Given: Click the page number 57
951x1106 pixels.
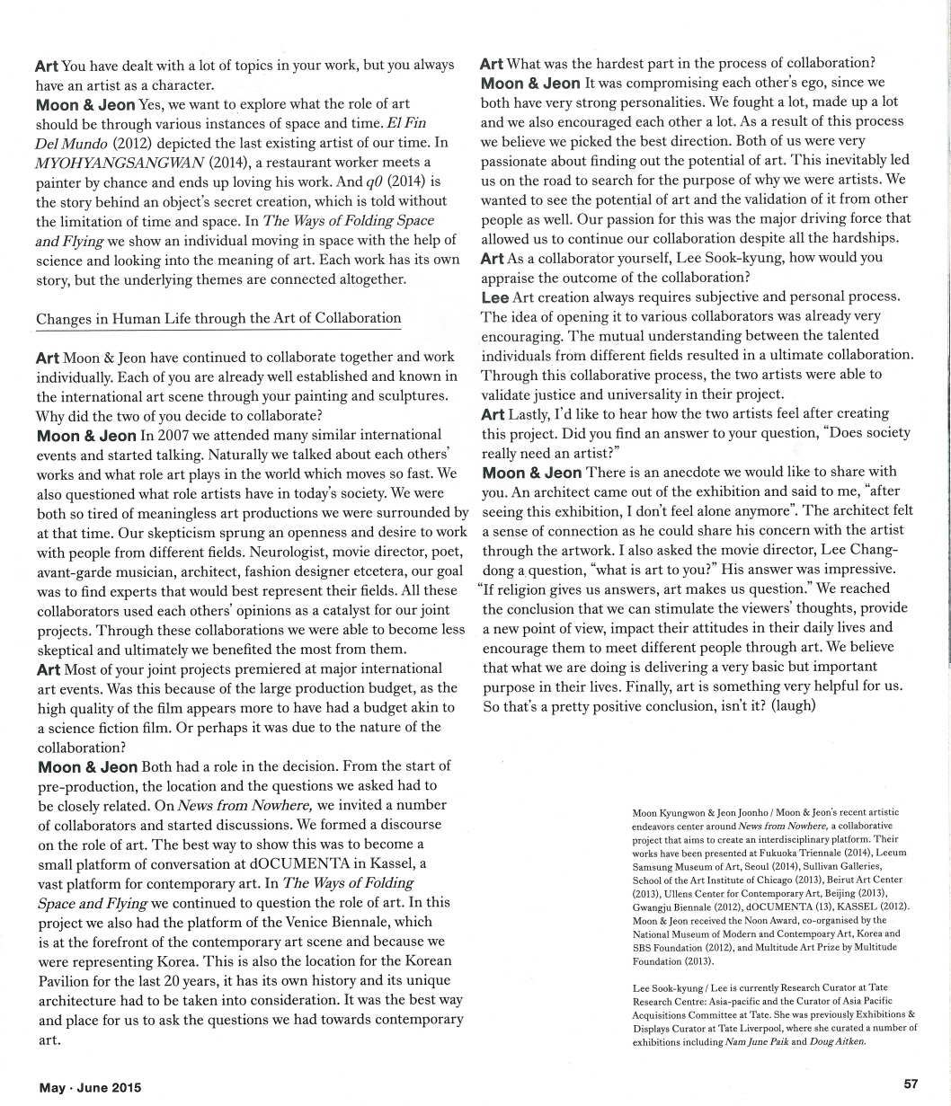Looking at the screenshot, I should pos(910,1084).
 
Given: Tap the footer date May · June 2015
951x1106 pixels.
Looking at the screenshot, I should pos(91,1087).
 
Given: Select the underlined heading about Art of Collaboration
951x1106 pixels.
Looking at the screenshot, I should pos(218,318).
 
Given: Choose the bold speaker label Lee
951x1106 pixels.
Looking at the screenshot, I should pos(494,297).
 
